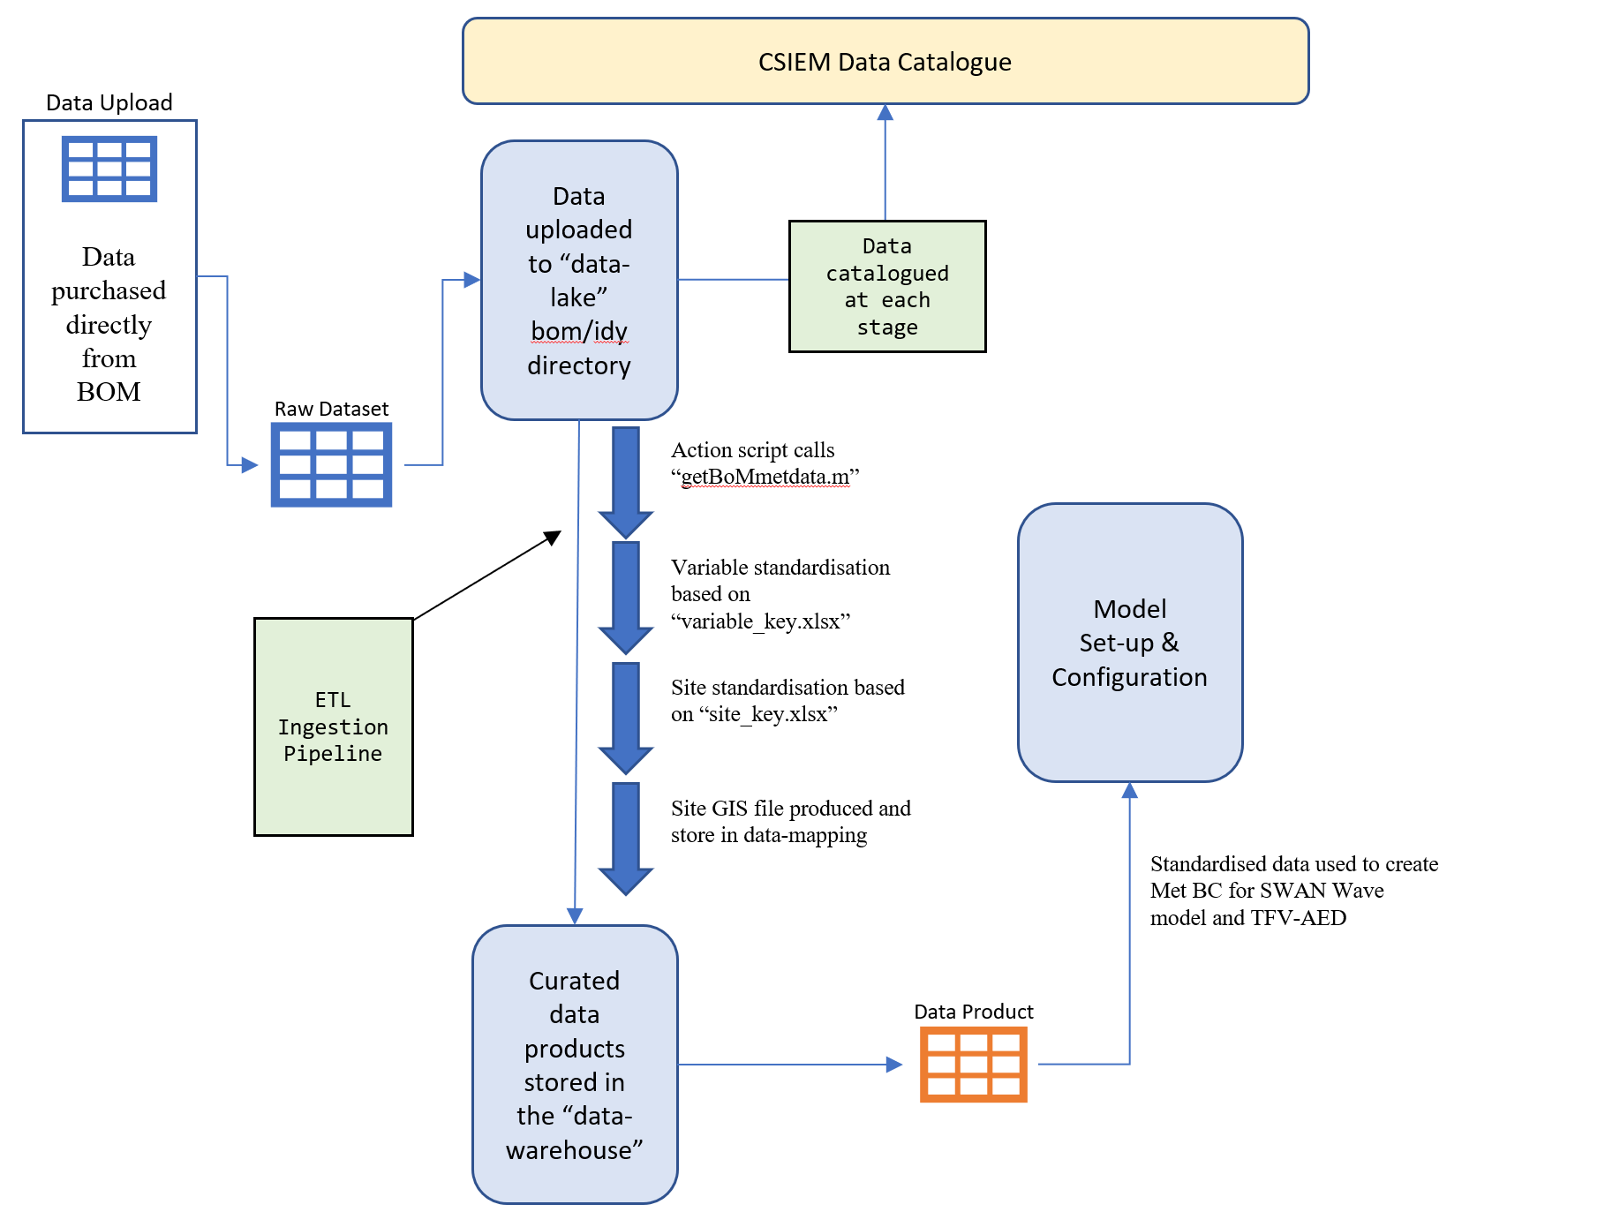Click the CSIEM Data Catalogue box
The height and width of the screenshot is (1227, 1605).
[x=885, y=62]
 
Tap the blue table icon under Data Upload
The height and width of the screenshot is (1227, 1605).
[x=109, y=169]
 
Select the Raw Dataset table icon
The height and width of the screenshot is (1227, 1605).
[x=331, y=464]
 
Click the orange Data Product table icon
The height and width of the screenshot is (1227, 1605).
[x=973, y=1064]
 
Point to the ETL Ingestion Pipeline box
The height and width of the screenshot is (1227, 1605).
[x=333, y=726]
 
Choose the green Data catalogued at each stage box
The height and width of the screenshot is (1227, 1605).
[x=886, y=287]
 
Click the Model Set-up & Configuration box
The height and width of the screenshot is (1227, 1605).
[x=1129, y=643]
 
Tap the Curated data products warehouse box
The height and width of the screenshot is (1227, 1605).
[x=575, y=1065]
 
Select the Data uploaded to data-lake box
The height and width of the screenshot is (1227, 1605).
[x=579, y=280]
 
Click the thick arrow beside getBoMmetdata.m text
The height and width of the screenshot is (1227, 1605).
[x=626, y=482]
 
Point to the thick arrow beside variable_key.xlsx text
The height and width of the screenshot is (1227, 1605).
[x=626, y=598]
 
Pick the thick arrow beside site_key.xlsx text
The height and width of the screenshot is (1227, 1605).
[x=626, y=718]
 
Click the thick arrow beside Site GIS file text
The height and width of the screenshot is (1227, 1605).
[x=626, y=839]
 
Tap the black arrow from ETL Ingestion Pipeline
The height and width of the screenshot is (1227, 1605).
[x=487, y=576]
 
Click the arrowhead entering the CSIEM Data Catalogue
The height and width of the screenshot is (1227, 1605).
[x=885, y=112]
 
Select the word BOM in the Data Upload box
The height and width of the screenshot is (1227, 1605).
[x=109, y=392]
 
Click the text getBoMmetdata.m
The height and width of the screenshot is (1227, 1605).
[x=765, y=477]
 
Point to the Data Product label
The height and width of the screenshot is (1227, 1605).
[x=973, y=1012]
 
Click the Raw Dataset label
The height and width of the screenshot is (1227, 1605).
[x=331, y=409]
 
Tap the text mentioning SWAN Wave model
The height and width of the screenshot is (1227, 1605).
[x=1293, y=891]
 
